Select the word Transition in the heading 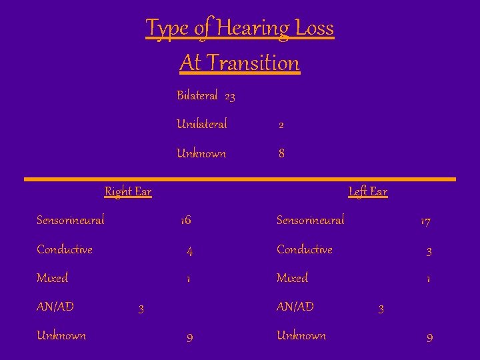tap(253, 63)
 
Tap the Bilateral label tap(197, 95)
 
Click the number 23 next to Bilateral tap(229, 97)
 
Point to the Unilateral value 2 tap(281, 125)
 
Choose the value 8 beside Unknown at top tap(281, 153)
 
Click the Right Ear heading tap(128, 192)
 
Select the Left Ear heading tap(367, 192)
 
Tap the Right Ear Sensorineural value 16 tap(185, 221)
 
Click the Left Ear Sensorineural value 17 tap(425, 221)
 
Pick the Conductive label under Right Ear tap(65, 249)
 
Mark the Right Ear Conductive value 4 tap(189, 252)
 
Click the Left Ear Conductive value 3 tap(429, 252)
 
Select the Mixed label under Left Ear tap(292, 278)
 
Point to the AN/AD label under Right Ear tap(55, 307)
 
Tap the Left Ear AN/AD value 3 tap(381, 309)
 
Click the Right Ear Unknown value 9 tap(189, 338)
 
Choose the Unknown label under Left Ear tap(301, 335)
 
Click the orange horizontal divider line tap(240, 179)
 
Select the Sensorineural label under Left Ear tap(310, 220)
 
